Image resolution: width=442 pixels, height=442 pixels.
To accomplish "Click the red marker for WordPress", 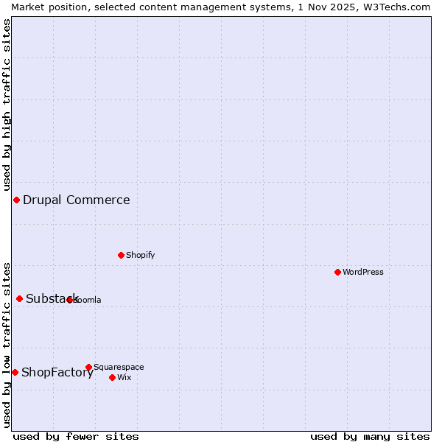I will (x=337, y=272).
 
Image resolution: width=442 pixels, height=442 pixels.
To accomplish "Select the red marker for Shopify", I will (x=121, y=255).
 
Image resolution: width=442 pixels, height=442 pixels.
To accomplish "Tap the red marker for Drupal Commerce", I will (x=16, y=200).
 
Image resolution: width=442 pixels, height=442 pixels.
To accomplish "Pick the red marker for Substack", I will (x=20, y=298).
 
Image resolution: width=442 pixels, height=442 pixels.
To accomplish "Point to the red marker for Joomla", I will (x=70, y=300).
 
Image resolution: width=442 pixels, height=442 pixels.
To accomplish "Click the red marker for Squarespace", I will (x=88, y=367).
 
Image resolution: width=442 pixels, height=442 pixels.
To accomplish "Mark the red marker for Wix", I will (x=112, y=377).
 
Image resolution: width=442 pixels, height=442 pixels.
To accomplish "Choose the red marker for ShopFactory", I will (x=15, y=372).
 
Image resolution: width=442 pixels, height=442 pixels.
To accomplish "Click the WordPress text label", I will (x=363, y=272).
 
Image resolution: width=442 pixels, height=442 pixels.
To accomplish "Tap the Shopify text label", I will (x=140, y=255).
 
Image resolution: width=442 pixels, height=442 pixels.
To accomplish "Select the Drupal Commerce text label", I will (x=76, y=200).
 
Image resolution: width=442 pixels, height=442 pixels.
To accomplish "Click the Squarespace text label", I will (x=119, y=367).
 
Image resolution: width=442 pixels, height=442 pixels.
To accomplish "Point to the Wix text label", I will (x=124, y=377).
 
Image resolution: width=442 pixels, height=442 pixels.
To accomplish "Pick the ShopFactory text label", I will (x=57, y=372).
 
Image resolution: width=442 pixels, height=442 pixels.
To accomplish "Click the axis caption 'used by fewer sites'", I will (x=76, y=436).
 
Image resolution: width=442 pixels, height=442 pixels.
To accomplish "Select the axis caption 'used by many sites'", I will (x=370, y=436).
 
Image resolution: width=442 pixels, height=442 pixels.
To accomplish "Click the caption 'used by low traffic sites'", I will (x=7, y=345).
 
